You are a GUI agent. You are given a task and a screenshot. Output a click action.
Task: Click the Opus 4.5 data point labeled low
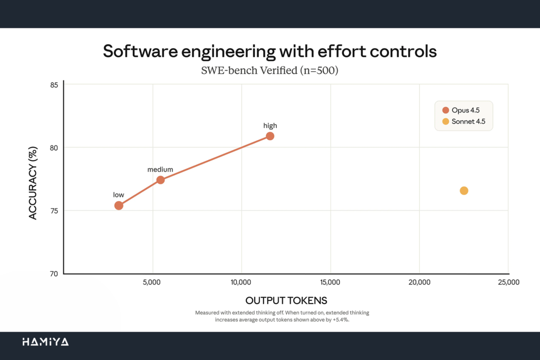click(x=119, y=205)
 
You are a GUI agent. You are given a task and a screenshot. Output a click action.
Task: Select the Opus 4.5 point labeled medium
click(x=160, y=180)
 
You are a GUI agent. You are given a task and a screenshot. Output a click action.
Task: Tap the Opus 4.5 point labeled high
click(x=270, y=136)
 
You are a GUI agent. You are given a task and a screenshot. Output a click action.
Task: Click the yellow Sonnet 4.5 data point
click(x=464, y=190)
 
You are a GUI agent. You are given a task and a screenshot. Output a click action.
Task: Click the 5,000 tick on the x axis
click(x=152, y=283)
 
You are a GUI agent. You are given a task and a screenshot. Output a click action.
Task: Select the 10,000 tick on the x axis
click(x=241, y=283)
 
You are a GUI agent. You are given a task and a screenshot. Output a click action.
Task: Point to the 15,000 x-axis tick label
click(x=330, y=283)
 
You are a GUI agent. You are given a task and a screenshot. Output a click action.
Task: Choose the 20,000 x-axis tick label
click(x=419, y=283)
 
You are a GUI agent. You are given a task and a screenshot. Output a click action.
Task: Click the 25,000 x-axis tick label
click(x=508, y=283)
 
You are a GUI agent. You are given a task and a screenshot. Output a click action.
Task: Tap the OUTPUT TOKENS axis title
click(x=286, y=301)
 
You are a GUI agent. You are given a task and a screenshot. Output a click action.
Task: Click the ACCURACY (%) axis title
click(x=33, y=183)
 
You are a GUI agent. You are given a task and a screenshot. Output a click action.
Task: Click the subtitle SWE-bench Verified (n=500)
click(x=270, y=70)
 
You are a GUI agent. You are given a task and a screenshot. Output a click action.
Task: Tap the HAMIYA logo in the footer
click(x=45, y=342)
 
